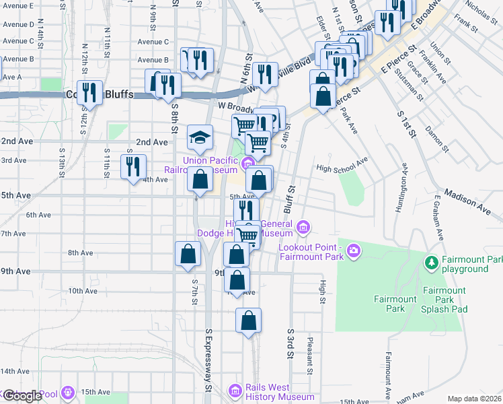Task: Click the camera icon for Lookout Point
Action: click(354, 252)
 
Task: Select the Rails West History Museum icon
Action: click(235, 390)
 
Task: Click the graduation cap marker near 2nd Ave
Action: click(200, 138)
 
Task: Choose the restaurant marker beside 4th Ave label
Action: click(133, 166)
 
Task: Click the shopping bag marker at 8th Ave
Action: click(188, 254)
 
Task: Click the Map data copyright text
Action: click(473, 399)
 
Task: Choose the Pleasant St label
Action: click(310, 356)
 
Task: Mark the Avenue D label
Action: click(18, 24)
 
